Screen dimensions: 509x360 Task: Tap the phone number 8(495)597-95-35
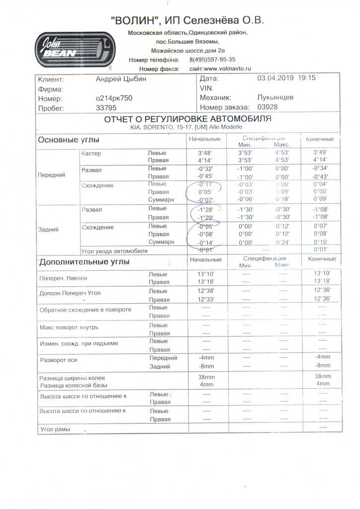[212, 60]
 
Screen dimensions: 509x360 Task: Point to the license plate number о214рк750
[114, 98]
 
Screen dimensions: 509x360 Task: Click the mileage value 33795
[105, 108]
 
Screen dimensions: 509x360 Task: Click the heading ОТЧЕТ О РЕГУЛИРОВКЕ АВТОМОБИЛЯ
[187, 120]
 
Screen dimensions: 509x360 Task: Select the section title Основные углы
[69, 140]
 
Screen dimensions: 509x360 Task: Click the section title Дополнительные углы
[84, 261]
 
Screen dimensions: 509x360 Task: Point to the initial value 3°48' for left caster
[205, 153]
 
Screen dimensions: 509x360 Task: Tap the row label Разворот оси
[58, 360]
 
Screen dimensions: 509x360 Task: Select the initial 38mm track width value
[206, 377]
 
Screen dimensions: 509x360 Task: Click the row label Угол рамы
[55, 428]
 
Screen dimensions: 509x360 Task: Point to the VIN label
[205, 88]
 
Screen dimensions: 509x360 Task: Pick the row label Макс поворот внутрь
[69, 328]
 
